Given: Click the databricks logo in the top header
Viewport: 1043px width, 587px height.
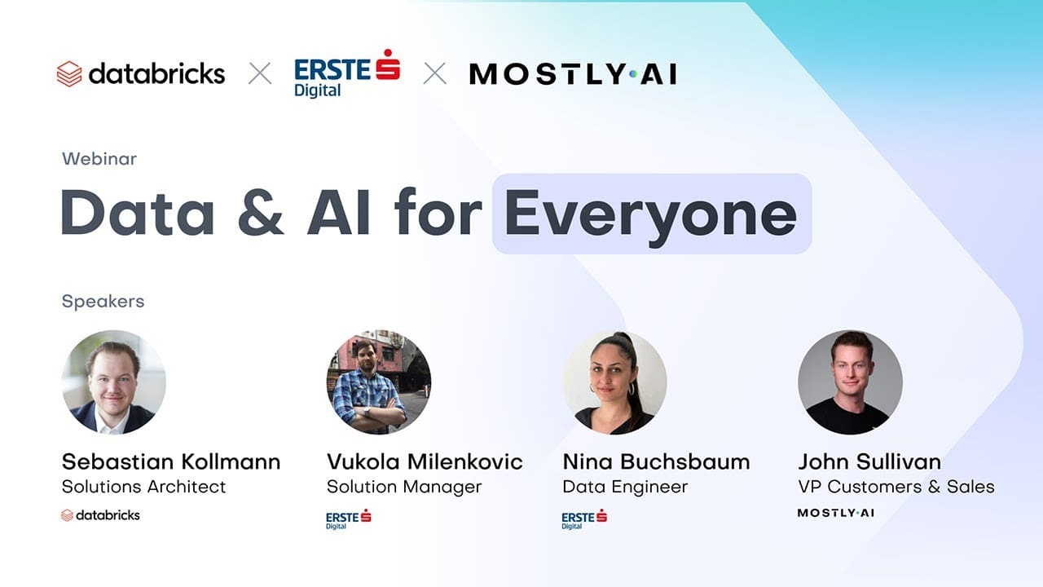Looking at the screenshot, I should [140, 74].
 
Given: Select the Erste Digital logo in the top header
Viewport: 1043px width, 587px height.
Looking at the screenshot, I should [346, 74].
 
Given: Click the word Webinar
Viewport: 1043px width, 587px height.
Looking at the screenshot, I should [99, 159].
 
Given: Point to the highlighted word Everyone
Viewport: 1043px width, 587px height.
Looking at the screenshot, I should [650, 214].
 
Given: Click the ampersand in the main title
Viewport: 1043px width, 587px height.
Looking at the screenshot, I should [261, 214].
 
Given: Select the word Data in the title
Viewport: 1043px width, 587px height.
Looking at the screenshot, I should [138, 214].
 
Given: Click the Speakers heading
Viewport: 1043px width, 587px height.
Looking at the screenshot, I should [103, 301].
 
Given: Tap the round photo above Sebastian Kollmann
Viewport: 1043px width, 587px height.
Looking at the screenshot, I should [114, 382].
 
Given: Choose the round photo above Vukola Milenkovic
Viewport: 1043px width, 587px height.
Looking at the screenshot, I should [378, 382].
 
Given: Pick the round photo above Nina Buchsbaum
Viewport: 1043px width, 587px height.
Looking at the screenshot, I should [614, 382].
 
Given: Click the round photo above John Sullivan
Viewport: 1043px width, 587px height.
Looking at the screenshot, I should [850, 382].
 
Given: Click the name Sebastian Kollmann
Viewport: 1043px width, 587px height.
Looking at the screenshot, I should [171, 461].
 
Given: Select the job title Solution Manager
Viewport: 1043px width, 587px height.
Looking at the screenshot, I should [404, 487].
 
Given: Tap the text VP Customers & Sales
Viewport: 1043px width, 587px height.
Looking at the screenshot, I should [896, 487].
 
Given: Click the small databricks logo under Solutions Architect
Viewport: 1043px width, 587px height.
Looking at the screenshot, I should [100, 515].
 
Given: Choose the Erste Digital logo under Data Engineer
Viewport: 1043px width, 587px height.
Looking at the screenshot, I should [584, 519].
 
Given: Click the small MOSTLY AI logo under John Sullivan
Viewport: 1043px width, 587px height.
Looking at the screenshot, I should [835, 513].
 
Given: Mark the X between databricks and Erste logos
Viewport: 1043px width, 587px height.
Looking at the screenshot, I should [260, 74].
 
